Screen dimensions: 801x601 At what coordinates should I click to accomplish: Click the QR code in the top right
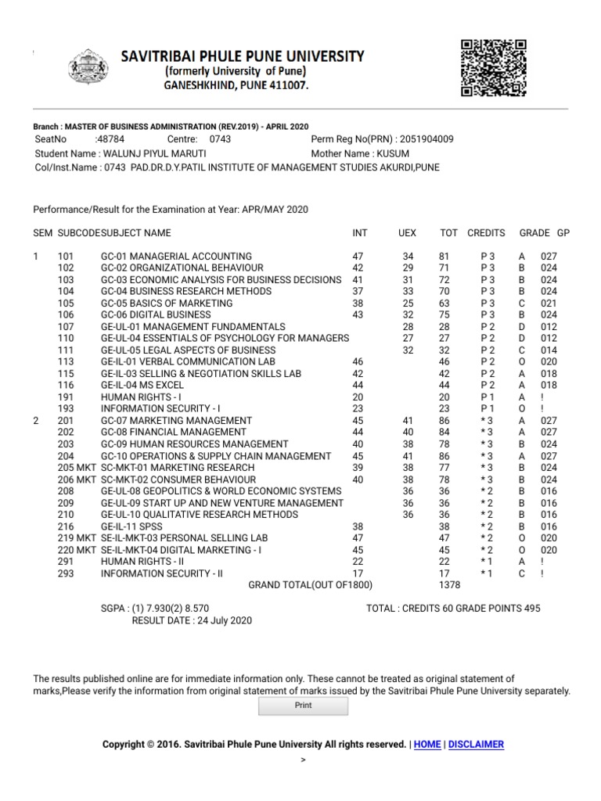494,68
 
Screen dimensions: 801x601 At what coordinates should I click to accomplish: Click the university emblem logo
92,70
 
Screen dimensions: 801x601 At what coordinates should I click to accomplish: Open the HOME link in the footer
427,745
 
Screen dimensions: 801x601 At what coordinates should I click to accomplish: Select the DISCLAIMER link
477,745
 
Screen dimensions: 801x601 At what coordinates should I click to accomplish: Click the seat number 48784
110,139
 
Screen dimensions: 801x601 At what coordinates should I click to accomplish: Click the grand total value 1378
449,585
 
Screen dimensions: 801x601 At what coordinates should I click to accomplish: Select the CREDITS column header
486,233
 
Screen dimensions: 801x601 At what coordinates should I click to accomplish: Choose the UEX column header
407,233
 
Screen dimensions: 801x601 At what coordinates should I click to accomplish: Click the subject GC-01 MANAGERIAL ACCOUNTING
176,257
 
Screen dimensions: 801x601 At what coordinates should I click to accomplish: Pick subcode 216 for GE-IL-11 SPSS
66,526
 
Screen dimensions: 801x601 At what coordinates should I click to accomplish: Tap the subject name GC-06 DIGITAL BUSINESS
156,315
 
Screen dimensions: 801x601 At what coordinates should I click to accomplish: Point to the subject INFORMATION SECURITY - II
161,573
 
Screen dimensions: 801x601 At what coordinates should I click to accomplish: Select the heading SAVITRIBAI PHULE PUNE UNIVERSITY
242,56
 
